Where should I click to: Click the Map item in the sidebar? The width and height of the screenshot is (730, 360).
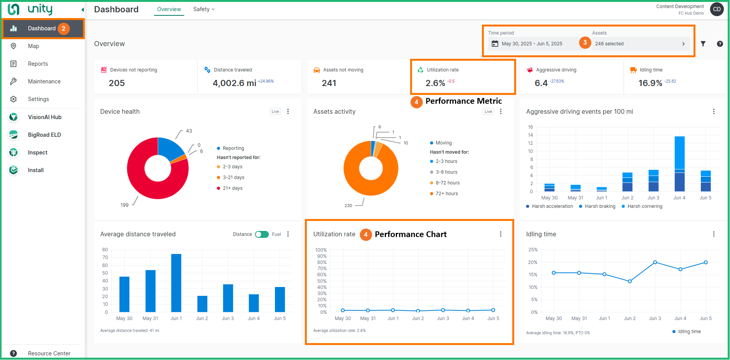coord(33,46)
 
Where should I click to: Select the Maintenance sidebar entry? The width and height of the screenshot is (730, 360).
coord(44,81)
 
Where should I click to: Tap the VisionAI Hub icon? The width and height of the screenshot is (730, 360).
coord(13,117)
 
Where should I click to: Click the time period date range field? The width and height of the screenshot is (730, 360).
coord(532,44)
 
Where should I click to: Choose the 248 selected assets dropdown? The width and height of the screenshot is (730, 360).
coord(640,44)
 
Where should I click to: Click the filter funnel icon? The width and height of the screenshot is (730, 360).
coord(703,44)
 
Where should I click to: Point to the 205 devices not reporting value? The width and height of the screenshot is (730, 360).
coord(117,83)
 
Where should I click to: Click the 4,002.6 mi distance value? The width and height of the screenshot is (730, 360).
coord(234,83)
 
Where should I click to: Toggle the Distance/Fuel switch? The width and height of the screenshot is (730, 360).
coord(262,234)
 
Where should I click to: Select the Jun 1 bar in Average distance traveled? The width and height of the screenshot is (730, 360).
coord(176,283)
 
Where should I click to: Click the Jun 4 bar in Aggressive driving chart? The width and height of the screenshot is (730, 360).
coord(679,164)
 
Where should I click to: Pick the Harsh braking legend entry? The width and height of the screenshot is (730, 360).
coord(600,206)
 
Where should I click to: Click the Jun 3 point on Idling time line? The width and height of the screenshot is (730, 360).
coord(655,262)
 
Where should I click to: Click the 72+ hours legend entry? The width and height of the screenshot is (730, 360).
coord(447,194)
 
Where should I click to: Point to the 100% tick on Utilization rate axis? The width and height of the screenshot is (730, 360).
coord(321,250)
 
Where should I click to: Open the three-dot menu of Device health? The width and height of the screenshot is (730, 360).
coord(288,111)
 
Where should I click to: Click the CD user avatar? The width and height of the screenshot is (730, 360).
coord(717,9)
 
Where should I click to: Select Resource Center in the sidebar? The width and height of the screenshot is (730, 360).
coord(49,353)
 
